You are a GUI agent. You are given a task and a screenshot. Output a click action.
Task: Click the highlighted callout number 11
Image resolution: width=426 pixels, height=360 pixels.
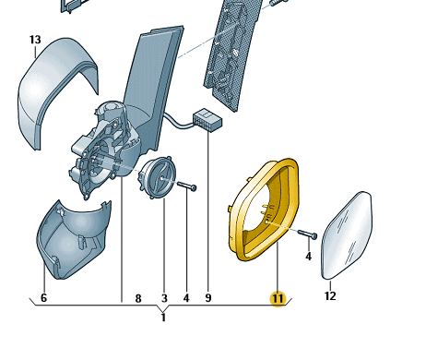pos(278,298)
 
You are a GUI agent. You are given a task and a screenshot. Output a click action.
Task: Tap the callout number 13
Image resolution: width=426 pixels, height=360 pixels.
pos(35,40)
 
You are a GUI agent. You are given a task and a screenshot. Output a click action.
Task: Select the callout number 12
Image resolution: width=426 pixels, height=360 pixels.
pos(330,296)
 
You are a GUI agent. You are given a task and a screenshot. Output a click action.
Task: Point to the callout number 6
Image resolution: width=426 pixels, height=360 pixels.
pos(43,297)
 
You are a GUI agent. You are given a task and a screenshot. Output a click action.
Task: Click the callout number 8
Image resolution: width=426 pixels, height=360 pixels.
pos(138,298)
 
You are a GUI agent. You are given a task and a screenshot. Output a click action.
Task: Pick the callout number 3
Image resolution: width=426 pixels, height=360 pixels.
pos(164,298)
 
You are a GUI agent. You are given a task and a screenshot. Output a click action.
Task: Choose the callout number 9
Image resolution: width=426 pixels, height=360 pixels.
pos(208,298)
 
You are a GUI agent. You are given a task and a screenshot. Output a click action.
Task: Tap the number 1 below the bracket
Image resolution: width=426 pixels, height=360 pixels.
pos(163,318)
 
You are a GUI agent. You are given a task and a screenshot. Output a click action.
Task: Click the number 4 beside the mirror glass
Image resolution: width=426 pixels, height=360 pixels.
pos(309,256)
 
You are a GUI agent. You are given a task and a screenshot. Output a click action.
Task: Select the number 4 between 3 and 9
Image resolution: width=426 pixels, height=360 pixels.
pos(186,298)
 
